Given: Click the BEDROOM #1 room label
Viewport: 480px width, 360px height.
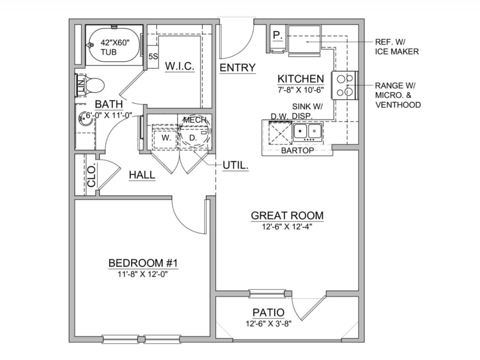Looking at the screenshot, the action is (143, 263).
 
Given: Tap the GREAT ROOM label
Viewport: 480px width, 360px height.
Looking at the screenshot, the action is (287, 216).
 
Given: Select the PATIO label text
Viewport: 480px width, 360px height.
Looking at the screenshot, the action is (268, 313).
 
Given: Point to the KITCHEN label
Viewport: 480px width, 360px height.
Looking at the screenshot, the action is (301, 79).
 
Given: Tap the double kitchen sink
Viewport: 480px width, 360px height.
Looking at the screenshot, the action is (308, 132).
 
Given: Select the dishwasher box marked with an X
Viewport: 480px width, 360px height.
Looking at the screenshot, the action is (280, 132).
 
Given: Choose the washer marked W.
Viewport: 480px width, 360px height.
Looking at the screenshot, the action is (166, 137).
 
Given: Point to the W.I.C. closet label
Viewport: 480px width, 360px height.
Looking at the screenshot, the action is (180, 66).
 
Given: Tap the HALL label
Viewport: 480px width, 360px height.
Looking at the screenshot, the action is (142, 175).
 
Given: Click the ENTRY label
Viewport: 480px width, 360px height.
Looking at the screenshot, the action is (238, 68).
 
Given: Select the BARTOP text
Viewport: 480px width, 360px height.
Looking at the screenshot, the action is (297, 150).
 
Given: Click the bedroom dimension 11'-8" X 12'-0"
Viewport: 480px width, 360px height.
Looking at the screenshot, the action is (143, 274).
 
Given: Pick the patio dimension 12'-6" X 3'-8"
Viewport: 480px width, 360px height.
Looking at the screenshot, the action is (268, 324).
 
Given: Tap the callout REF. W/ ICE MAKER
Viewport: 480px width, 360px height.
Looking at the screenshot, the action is (397, 47).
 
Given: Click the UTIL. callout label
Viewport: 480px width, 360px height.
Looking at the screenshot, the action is (235, 166).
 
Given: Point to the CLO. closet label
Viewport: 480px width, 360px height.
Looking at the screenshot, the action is (91, 175).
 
